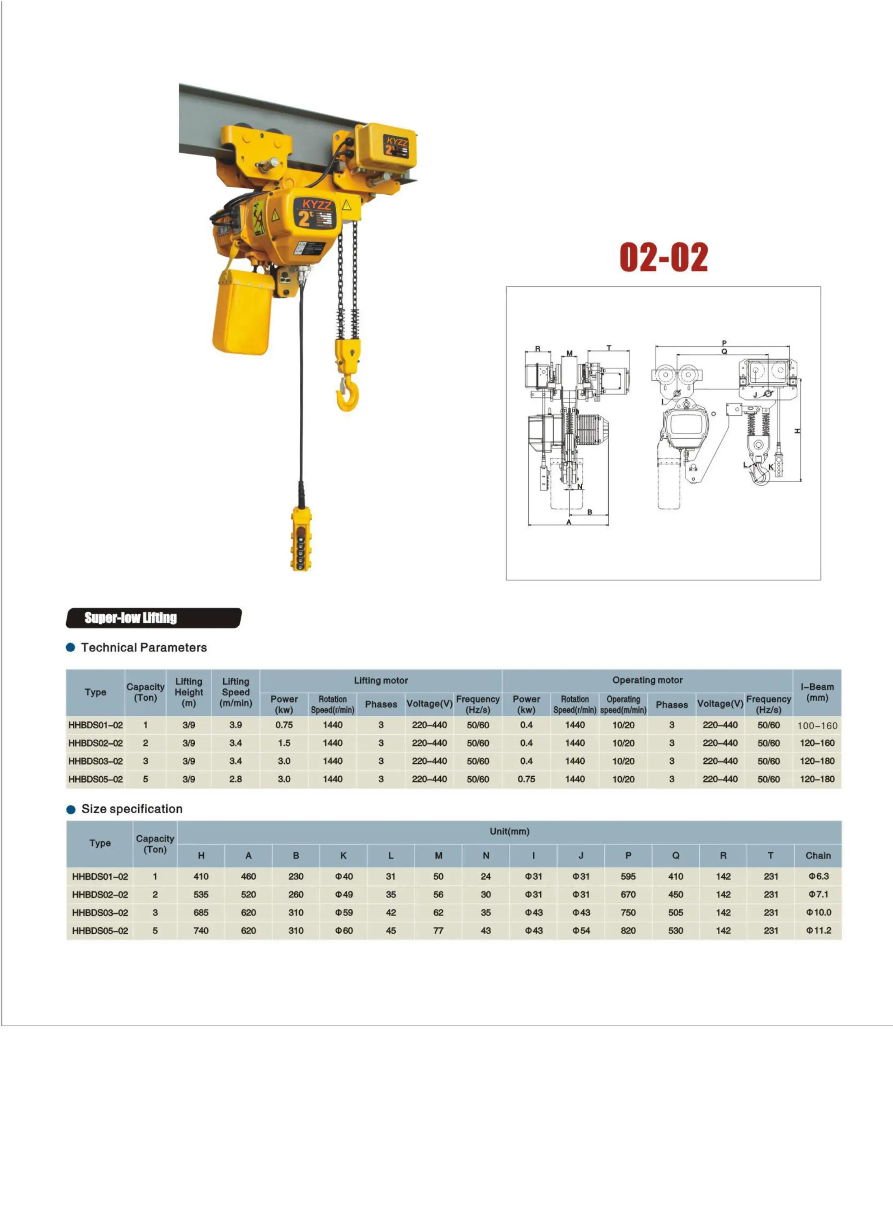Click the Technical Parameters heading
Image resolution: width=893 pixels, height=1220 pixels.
pos(144,647)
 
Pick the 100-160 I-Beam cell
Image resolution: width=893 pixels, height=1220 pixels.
pos(817,725)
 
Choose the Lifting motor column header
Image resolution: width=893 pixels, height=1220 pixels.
pos(381,680)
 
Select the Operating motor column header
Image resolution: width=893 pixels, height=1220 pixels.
pos(647,680)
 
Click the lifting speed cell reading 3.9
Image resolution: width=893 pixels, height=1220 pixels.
pos(236,725)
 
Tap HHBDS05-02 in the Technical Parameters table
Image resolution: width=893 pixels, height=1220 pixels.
pos(95,779)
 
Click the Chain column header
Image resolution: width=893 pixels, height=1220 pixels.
pos(818,855)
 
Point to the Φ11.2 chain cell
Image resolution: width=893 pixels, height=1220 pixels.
pos(819,930)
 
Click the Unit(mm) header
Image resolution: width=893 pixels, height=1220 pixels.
pos(509,831)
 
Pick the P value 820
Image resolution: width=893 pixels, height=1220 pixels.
pos(628,930)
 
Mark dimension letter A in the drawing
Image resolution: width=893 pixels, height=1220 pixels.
pos(568,522)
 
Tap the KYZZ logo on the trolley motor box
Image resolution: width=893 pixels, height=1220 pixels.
pos(397,142)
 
